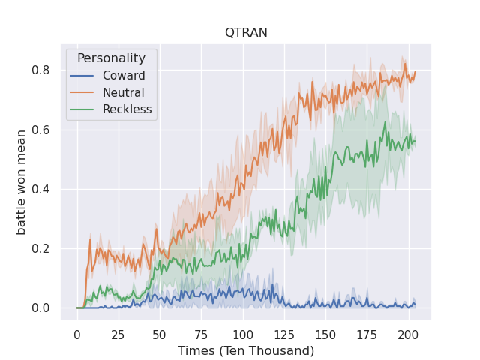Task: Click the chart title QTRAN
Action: (x=246, y=32)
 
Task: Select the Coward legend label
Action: (x=124, y=76)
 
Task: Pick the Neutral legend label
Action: (x=124, y=92)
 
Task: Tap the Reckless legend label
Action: (x=128, y=109)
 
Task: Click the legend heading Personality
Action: (x=111, y=58)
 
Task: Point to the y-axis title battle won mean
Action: (x=22, y=182)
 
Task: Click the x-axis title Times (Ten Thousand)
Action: (x=246, y=350)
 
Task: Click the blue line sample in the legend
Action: (x=82, y=76)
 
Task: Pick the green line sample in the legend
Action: (x=82, y=109)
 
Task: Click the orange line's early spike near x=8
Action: (x=90, y=239)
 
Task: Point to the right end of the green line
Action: (x=415, y=142)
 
